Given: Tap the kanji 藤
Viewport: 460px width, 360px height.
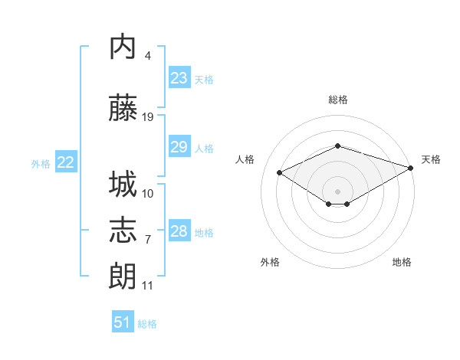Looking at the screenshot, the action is point(123,107).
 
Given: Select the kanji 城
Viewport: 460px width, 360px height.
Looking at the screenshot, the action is point(123,184).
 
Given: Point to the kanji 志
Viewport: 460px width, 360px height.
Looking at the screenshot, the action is point(123,230).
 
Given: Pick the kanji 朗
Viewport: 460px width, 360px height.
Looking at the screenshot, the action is point(123,276).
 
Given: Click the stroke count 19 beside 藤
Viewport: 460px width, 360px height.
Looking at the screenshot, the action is point(147,117).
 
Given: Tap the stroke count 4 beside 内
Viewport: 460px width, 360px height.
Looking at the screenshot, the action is point(147,55).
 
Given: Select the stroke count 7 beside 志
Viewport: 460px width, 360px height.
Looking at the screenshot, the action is point(147,240).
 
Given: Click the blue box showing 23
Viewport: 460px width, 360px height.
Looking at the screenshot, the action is point(179,77).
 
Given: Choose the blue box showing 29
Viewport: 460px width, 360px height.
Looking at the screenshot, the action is point(179,146).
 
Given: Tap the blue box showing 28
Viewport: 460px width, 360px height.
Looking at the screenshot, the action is point(179,230).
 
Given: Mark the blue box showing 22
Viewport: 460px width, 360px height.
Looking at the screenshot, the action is point(66,162).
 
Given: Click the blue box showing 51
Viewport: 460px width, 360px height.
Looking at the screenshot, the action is point(123,321).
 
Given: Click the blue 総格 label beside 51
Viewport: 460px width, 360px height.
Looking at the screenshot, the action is point(147,324).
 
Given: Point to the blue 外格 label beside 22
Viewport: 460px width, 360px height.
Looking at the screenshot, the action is point(41,164).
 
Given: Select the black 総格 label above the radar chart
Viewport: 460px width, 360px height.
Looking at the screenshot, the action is point(338,100).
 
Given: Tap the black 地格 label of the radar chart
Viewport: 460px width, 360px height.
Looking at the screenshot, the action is point(402,262).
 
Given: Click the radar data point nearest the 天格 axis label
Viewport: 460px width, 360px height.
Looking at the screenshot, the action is point(411,168).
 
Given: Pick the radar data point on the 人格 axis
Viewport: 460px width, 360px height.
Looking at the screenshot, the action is point(280,172).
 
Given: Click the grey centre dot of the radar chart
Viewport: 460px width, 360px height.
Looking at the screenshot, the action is point(337,191).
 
